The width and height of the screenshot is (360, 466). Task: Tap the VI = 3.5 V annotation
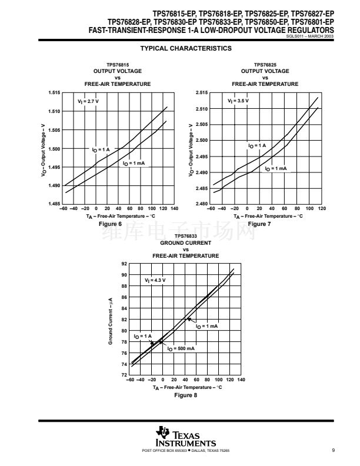coord(238,101)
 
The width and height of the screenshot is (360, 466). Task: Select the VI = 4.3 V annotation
coord(155,280)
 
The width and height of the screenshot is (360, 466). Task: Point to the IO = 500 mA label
coord(181,348)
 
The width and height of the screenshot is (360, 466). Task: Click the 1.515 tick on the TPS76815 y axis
coord(54,93)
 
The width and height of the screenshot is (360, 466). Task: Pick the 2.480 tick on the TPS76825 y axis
coord(201,204)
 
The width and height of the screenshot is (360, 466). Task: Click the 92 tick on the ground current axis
coord(124,264)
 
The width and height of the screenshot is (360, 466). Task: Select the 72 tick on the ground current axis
coord(124,375)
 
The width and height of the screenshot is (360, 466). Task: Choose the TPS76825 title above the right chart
coord(265,65)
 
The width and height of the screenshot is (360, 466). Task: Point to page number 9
coord(333,451)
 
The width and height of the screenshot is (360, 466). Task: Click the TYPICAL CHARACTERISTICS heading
coord(186,48)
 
